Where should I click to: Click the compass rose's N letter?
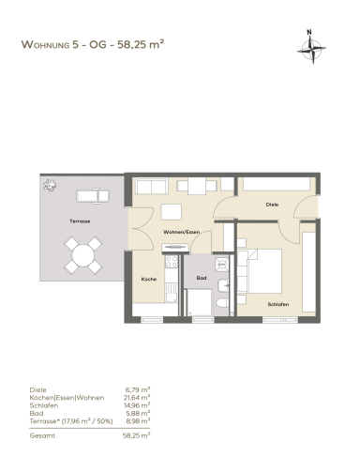pos(309,32)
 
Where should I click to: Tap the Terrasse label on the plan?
pos(80,221)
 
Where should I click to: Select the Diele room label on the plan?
pos(272,205)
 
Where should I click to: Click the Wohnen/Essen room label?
pos(181,232)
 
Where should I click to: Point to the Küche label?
pos(149,279)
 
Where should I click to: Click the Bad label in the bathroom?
pos(202,278)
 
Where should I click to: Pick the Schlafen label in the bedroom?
pos(278,304)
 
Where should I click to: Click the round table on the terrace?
pos(83,255)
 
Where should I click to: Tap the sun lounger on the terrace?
pos(93,196)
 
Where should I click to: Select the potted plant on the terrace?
pos(50,185)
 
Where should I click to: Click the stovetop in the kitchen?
pos(172,262)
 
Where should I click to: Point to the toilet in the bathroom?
pos(222,302)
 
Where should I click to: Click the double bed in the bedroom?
pos(260,271)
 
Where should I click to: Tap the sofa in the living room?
pos(152,187)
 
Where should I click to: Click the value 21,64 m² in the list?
pos(137,398)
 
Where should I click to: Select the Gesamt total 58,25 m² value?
pos(137,435)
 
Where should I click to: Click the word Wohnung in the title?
pos(45,44)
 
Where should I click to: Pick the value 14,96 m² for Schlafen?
pos(137,405)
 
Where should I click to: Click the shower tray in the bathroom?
pos(199,302)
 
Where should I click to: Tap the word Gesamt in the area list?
pos(42,435)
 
